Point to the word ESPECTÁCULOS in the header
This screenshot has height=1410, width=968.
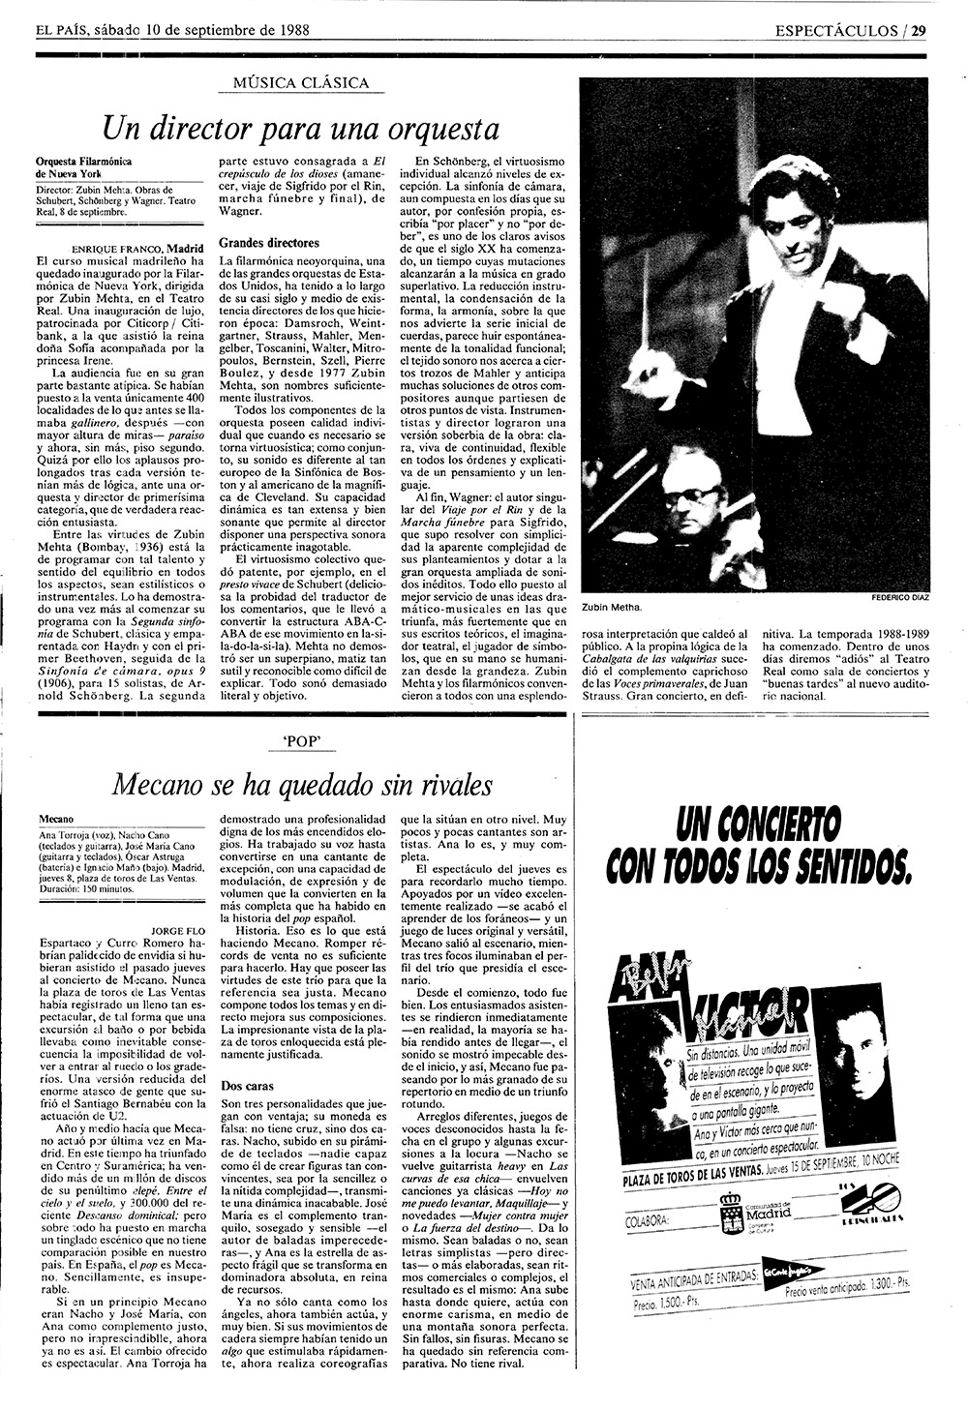[836, 28]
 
